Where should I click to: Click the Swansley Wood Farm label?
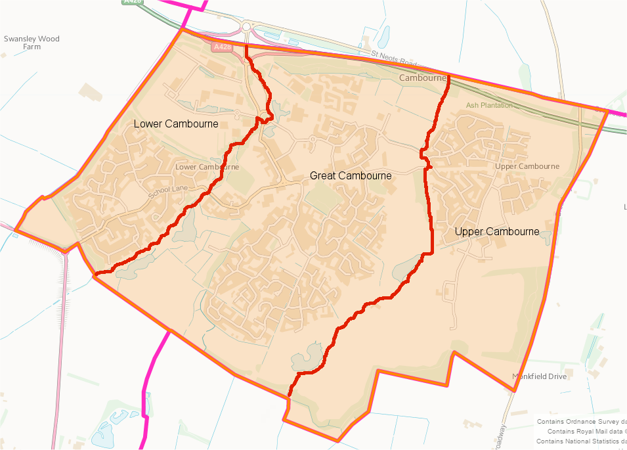pos(32,43)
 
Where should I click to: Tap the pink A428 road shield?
pos(222,47)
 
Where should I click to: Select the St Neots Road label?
pos(393,58)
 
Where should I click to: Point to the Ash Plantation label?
pos(489,105)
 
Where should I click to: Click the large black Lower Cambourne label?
pos(176,124)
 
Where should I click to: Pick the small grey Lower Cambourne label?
pos(207,167)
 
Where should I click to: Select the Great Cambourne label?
pos(351,175)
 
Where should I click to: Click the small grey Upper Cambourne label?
pos(527,166)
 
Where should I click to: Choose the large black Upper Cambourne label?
pos(497,231)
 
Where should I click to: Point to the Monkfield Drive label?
pos(540,376)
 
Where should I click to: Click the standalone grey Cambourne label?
pos(422,78)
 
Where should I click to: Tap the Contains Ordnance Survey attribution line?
pos(581,422)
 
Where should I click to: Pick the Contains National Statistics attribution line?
pos(581,441)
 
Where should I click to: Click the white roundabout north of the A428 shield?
pos(247,27)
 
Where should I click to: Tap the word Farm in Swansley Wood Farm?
pos(32,47)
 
